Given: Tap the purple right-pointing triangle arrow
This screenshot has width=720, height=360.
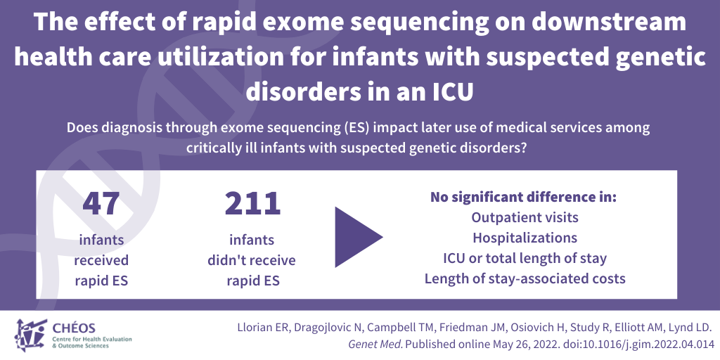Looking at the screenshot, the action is click(359, 237).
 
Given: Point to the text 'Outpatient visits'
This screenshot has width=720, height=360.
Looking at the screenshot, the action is click(525, 217).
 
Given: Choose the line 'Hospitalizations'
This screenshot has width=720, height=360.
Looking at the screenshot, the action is click(525, 238).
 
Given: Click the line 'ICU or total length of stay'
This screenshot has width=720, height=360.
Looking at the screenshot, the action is click(525, 258).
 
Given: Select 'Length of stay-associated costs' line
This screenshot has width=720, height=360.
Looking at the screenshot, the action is click(525, 278).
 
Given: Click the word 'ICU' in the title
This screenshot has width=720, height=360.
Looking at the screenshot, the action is click(450, 92).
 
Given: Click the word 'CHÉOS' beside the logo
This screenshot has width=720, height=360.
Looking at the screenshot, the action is click(75, 328).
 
